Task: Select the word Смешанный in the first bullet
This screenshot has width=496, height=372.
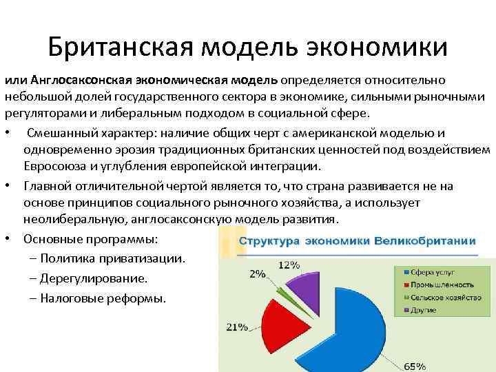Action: click(61, 132)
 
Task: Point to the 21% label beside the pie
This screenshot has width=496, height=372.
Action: click(237, 326)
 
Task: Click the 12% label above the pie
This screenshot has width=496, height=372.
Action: click(289, 265)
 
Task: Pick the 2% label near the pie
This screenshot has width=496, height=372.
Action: click(258, 274)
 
